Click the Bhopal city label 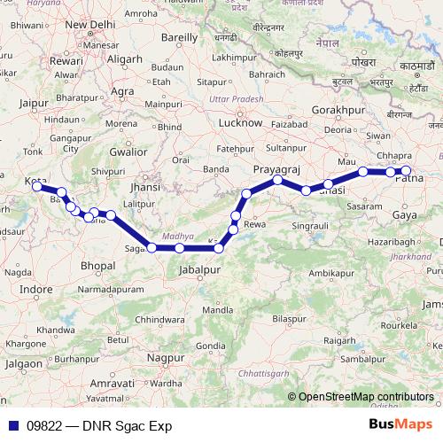tap(97, 265)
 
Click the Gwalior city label tap(128, 152)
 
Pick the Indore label tap(35, 289)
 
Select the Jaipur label tap(32, 104)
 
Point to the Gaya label tap(405, 214)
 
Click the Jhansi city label tap(144, 187)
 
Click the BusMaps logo tap(400, 425)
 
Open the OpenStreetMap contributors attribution tap(366, 397)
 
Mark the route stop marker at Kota tap(40, 186)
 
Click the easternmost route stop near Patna tap(407, 171)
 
